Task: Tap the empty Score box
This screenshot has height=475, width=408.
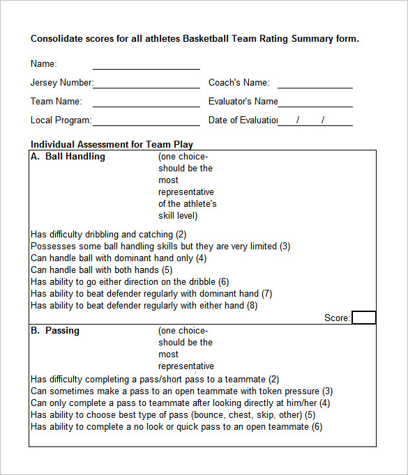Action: [x=363, y=318]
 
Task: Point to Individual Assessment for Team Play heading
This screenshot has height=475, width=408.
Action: [x=112, y=145]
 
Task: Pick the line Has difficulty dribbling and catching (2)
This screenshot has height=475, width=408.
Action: [x=109, y=235]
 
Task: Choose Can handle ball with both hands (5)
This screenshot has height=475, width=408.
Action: [x=102, y=270]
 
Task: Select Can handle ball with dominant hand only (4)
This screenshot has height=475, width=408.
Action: [x=119, y=258]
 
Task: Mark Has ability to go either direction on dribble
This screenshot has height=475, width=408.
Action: [x=130, y=282]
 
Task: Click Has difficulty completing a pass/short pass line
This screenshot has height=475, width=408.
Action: [x=155, y=380]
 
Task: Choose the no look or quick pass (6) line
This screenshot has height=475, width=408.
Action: [x=176, y=427]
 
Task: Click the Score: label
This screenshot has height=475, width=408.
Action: [x=337, y=318]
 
